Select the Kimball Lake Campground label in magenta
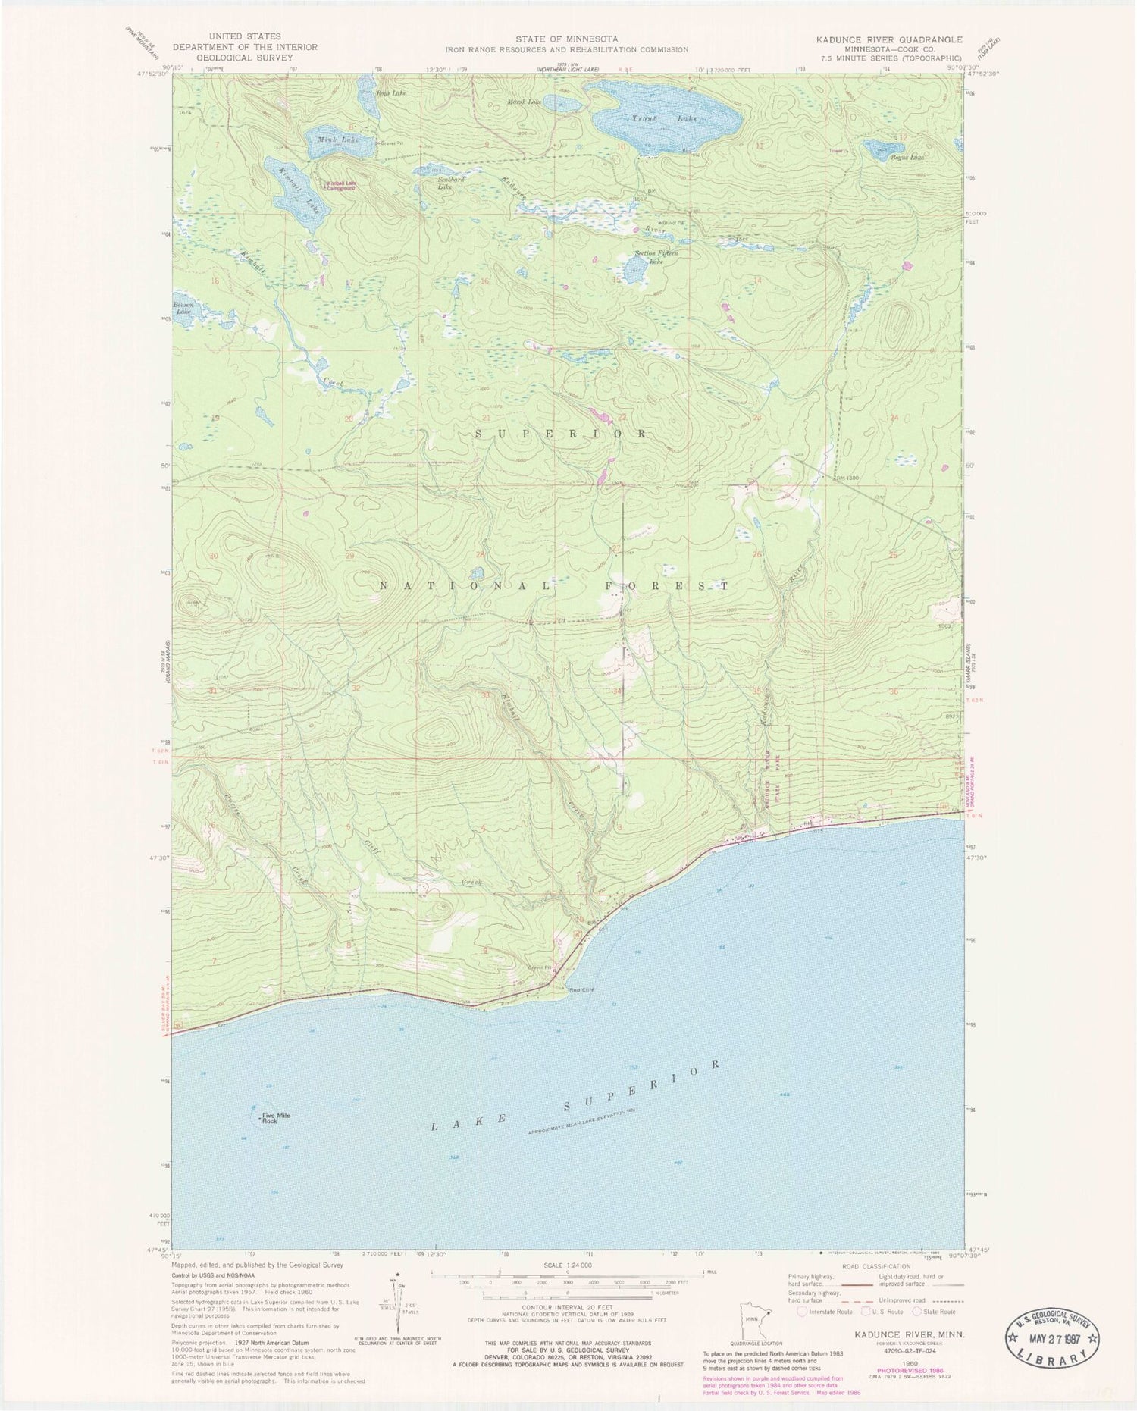coord(340,184)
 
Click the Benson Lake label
coord(183,308)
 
